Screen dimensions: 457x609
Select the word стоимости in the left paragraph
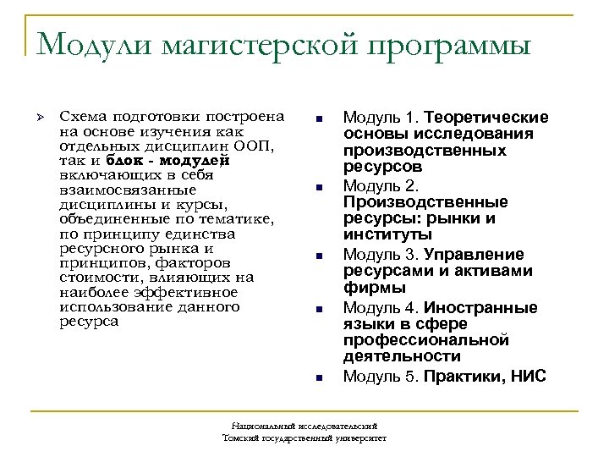(96, 278)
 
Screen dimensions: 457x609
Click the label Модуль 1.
(381, 117)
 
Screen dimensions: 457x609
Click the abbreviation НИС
(528, 377)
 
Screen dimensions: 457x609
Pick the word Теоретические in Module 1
(487, 117)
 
